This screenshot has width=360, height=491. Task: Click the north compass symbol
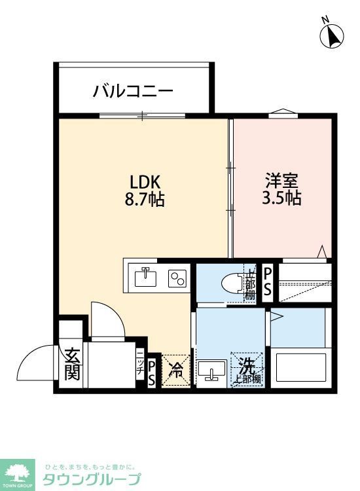click(333, 35)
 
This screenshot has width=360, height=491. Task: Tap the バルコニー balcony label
click(133, 90)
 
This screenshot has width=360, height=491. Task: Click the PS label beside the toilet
click(268, 282)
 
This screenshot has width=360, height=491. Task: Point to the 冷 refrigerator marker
click(175, 371)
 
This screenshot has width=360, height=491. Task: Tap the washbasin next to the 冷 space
click(211, 371)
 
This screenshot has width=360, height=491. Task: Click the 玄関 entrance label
click(71, 365)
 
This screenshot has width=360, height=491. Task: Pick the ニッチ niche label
click(140, 365)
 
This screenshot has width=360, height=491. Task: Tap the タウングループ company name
click(92, 479)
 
